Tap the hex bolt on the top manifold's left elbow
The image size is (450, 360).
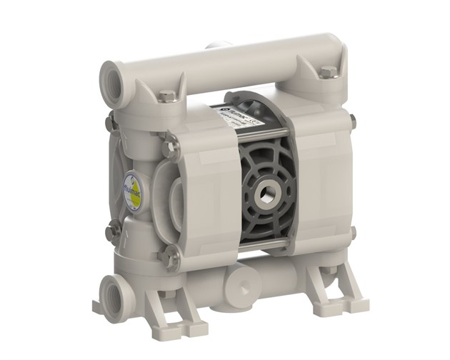pyautogui.click(x=166, y=96)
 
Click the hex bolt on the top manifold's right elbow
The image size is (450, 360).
pyautogui.click(x=327, y=71)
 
